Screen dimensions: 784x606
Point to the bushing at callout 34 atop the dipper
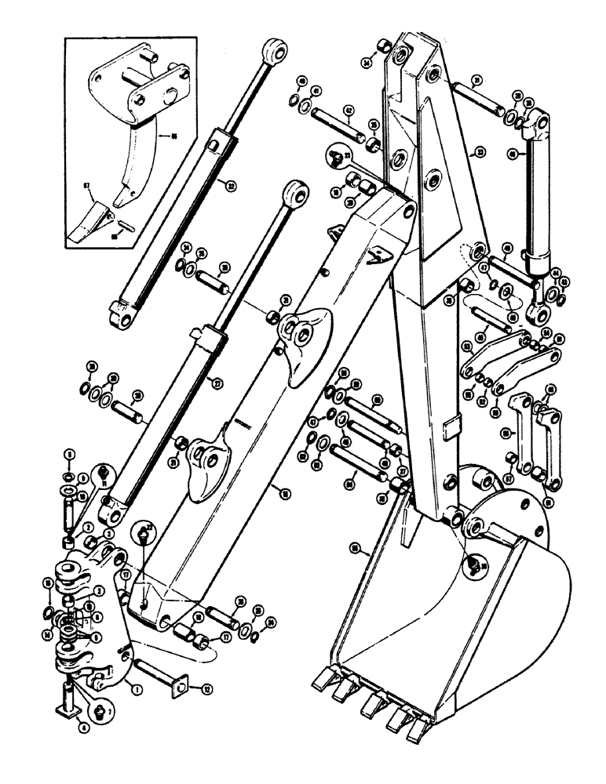pos(382,49)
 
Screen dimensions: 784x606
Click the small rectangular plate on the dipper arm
pos(451,427)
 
